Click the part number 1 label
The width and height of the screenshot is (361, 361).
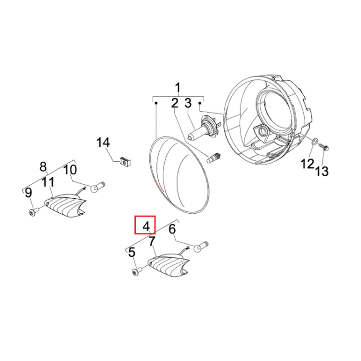click(x=178, y=88)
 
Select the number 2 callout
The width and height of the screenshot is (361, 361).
click(x=175, y=103)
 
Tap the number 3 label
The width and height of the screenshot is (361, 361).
click(x=188, y=103)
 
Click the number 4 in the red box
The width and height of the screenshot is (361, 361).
click(x=146, y=226)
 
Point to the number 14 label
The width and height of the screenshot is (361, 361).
click(x=103, y=142)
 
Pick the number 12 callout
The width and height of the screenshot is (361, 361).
click(x=308, y=164)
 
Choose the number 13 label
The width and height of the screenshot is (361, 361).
click(x=322, y=171)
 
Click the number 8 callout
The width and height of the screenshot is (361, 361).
click(x=43, y=167)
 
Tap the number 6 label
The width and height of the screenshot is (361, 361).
click(x=172, y=229)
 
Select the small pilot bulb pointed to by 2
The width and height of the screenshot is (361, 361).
click(x=214, y=158)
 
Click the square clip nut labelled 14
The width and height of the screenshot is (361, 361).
click(x=126, y=162)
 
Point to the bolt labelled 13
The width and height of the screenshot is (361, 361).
click(x=324, y=147)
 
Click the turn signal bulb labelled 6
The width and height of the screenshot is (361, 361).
click(x=201, y=246)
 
